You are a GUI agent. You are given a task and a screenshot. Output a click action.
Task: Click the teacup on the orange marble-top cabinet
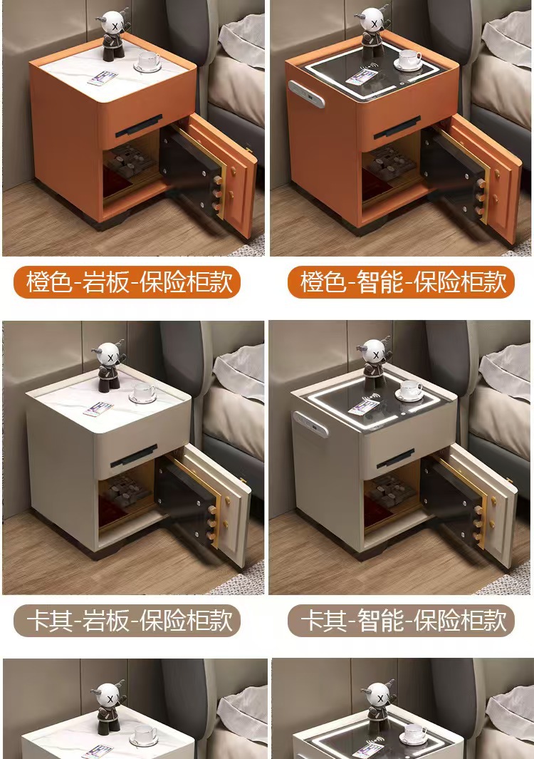pos(147,61)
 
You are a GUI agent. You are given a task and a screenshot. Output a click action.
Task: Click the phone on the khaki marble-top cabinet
pos(98,410)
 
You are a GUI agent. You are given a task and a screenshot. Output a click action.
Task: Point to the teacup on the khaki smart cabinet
pos(409,391)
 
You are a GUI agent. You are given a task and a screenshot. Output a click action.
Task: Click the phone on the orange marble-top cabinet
pos(103,78)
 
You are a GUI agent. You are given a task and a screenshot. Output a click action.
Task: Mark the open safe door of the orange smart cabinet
pos(472,175)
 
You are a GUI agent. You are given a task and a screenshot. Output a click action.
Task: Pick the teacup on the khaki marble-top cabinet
pos(142,393)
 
